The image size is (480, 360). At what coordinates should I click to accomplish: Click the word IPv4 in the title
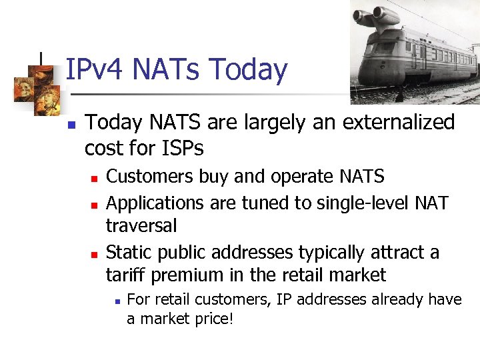coord(97,70)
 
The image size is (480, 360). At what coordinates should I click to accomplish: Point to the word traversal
coord(141,226)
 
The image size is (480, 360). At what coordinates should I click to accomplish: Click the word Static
coord(128,252)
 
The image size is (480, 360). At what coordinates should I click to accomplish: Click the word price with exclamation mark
coord(212,319)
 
